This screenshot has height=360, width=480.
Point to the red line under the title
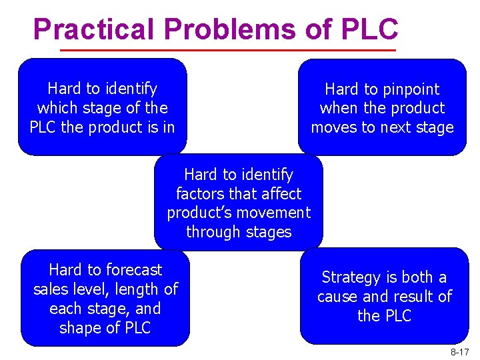(x=228, y=51)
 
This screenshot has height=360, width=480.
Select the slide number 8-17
(x=459, y=351)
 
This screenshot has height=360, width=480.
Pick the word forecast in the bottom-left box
(x=133, y=270)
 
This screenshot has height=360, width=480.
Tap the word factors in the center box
(x=198, y=194)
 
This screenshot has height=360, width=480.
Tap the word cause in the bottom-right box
(x=337, y=297)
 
